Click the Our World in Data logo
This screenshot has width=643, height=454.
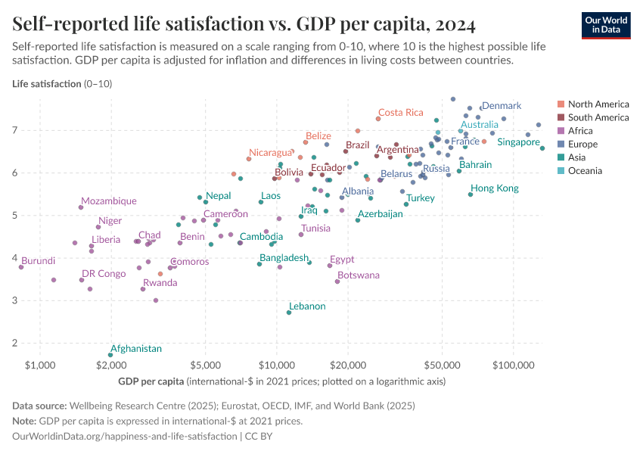click(x=606, y=25)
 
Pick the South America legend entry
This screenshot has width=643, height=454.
click(x=598, y=117)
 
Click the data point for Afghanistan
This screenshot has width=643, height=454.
click(x=110, y=355)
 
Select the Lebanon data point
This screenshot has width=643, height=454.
click(x=289, y=313)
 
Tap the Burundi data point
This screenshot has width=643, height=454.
click(x=21, y=267)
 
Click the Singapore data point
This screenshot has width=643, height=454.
click(x=542, y=148)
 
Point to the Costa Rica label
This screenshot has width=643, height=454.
click(x=401, y=113)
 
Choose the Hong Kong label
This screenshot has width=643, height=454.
click(x=495, y=188)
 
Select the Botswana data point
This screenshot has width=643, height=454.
click(x=337, y=281)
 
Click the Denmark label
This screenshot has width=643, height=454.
click(x=501, y=106)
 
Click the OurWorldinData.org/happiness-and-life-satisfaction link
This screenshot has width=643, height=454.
click(x=125, y=437)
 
